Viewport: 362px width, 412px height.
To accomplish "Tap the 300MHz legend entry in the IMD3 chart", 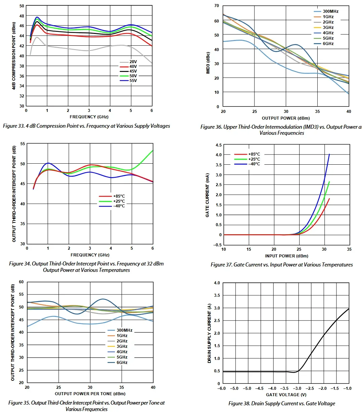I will pyautogui.click(x=330, y=11).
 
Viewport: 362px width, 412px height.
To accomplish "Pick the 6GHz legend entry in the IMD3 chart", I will pyautogui.click(x=328, y=44).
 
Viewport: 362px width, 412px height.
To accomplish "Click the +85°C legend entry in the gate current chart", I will pyautogui.click(x=254, y=154).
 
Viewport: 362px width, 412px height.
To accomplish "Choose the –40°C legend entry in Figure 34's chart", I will pyautogui.click(x=119, y=206).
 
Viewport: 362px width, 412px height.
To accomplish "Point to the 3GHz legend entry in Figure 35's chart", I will pyautogui.click(x=122, y=346).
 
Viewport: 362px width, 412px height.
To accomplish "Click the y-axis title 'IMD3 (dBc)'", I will pyautogui.click(x=208, y=63).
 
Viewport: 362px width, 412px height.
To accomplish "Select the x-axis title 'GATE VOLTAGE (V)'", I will pyautogui.click(x=286, y=395).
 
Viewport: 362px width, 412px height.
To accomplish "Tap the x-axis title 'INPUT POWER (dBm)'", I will pyautogui.click(x=286, y=256).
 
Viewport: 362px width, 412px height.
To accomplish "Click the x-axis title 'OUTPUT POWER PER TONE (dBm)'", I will pyautogui.click(x=90, y=394).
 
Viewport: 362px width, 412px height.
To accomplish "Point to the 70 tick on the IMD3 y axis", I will pyautogui.click(x=216, y=6).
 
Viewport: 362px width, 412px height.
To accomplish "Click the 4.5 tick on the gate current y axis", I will pyautogui.click(x=218, y=145).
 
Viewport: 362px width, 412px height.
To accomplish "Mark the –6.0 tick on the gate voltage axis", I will pyautogui.click(x=222, y=388).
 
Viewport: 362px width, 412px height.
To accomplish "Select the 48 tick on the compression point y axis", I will pyautogui.click(x=22, y=16).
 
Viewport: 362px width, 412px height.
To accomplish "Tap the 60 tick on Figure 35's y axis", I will pyautogui.click(x=21, y=282).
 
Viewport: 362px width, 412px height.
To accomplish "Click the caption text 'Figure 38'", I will pyautogui.click(x=239, y=404).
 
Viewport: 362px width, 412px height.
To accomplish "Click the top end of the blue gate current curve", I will pyautogui.click(x=329, y=154).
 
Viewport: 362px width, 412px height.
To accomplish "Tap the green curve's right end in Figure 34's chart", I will pyautogui.click(x=153, y=151).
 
